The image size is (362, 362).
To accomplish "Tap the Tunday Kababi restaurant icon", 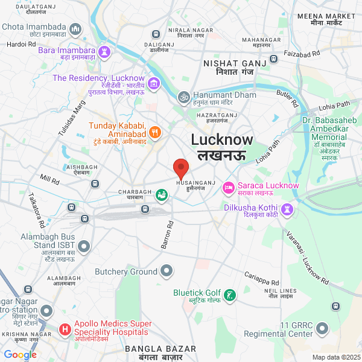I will pos(155,131).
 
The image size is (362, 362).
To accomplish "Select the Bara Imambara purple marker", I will pos(106,51).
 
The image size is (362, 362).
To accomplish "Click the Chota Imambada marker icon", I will pos(76,28).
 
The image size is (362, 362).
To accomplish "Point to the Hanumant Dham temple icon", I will pos(184,97).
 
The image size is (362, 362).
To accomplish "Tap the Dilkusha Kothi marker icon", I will pos(288,209).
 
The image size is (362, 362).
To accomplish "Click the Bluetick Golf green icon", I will pos(230,296).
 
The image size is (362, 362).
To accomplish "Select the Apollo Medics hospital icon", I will pos(65,330).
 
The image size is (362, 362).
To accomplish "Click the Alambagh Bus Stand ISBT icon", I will pos(84,246).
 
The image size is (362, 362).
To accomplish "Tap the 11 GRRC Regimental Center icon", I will pos(323,328).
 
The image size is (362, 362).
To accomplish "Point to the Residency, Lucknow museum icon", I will pos(154,83).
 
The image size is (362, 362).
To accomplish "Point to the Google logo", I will pos(20,355).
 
